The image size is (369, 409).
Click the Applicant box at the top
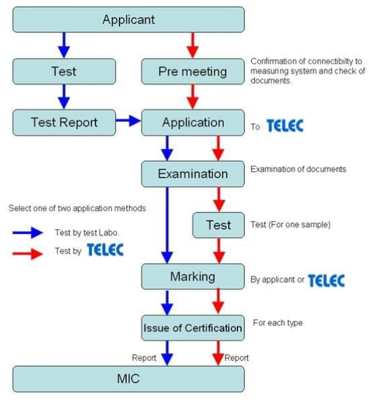129,19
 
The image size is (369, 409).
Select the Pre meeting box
193,71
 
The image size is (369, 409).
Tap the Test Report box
64,123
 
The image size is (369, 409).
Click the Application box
193,123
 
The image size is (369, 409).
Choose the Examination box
193,174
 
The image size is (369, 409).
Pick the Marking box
193,276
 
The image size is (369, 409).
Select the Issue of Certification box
193,328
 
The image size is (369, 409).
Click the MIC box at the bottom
129,379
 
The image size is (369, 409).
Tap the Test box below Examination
218,225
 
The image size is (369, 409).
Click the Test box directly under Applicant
64,71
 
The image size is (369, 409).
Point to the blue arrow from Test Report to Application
128,121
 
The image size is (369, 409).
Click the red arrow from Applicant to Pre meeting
193,45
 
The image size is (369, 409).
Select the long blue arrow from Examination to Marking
167,225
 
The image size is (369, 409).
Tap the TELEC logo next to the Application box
285,126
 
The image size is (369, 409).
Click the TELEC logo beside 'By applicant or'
327,280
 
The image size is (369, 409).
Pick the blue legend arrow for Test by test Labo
28,232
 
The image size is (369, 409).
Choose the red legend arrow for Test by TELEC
28,254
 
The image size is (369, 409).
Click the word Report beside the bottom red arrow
236,358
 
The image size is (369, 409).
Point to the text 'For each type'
278,323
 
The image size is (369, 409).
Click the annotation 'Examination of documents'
298,169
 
